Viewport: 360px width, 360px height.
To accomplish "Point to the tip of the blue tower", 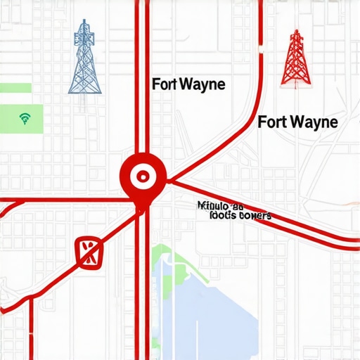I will [x=84, y=21].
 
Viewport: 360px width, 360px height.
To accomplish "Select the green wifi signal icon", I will [x=25, y=117].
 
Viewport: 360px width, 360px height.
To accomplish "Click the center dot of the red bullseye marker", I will [x=143, y=173].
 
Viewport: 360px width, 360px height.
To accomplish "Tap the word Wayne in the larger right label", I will [x=314, y=122].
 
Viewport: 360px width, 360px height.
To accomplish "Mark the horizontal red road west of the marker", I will [x=63, y=200].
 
